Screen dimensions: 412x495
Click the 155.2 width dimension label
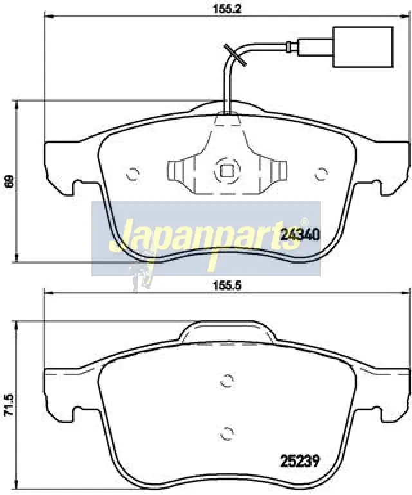pos(227,8)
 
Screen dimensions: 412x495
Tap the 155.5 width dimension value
pos(227,285)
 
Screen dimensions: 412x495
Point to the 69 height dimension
pos(10,181)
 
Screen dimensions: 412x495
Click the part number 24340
pos(300,234)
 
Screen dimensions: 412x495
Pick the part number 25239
pos(300,460)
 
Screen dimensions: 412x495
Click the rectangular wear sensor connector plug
pos(363,47)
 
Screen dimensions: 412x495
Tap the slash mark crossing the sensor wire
pos(235,55)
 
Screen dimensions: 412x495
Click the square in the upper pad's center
pos(227,171)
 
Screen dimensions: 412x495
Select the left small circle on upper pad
pos(133,174)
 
